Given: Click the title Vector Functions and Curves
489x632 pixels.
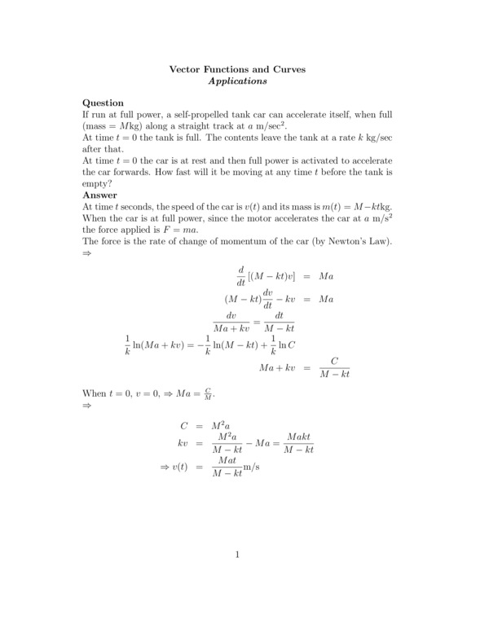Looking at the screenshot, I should tap(237, 70).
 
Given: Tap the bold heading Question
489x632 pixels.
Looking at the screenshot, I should tap(104, 103).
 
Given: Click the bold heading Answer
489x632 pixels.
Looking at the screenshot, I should tap(99, 195).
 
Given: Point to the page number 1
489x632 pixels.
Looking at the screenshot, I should tap(237, 555).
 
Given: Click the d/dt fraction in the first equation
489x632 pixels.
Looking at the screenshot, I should tap(241, 276).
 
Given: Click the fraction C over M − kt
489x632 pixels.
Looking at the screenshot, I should tap(333, 368).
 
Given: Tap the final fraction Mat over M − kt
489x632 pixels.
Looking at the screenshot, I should tap(227, 467).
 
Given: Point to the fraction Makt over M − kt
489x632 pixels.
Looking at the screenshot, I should tap(296, 443).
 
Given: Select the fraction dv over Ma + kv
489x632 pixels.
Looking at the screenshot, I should tap(230, 322).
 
